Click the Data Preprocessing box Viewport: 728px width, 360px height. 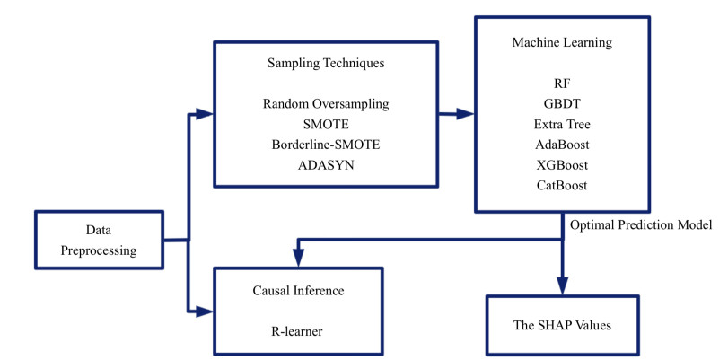point(99,240)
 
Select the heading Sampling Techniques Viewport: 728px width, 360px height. point(326,64)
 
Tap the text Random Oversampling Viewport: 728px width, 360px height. point(326,104)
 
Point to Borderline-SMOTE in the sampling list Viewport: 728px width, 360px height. point(326,143)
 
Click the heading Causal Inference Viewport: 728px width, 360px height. point(299,293)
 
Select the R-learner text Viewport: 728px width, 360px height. point(299,331)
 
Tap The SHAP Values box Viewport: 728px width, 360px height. point(564,325)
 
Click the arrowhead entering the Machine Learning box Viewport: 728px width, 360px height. point(467,114)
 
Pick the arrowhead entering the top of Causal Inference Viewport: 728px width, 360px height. point(298,260)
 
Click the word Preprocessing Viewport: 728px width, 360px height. point(99,250)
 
